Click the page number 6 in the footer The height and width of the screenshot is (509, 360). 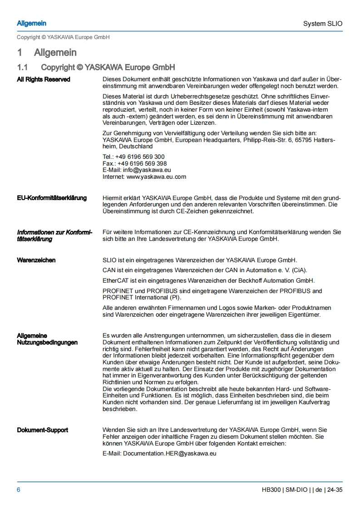(19, 490)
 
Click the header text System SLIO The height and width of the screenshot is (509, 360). (323, 24)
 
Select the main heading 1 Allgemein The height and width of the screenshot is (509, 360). (47, 53)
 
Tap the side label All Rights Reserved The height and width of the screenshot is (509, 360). (44, 79)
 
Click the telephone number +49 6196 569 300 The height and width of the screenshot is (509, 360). (140, 157)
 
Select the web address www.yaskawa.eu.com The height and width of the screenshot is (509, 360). (156, 176)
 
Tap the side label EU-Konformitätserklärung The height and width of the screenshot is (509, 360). (52, 198)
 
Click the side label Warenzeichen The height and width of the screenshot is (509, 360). (36, 260)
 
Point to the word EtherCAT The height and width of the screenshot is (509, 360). (116, 280)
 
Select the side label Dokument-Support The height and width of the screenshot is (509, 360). (43, 430)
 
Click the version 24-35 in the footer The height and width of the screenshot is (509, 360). (335, 490)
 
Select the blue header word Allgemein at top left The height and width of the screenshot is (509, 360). (31, 23)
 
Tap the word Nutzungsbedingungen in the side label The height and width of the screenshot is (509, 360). (47, 343)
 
